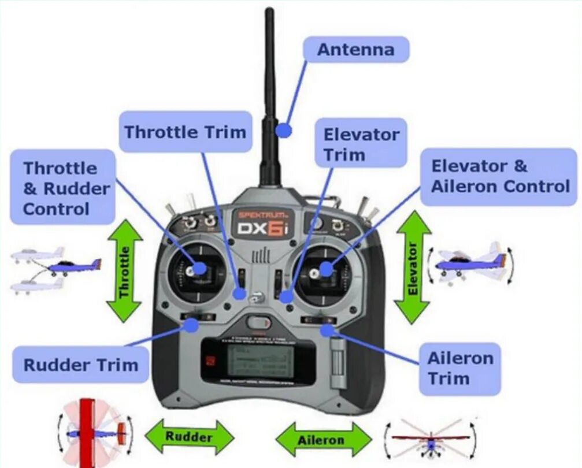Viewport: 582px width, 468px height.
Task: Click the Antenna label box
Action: coord(356,50)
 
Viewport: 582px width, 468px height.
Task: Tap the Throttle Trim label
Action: coord(186,132)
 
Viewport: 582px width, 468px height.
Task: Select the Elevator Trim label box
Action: coord(361,145)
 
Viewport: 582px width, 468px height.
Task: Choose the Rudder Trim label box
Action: coord(81,365)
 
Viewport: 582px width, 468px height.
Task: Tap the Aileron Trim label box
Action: coord(459,369)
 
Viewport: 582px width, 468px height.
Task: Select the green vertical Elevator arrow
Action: coord(412,267)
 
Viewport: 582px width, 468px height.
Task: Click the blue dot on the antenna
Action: coord(283,130)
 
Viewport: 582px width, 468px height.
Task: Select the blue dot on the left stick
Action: coord(199,268)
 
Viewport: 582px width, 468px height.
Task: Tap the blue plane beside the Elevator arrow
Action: coord(468,263)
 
